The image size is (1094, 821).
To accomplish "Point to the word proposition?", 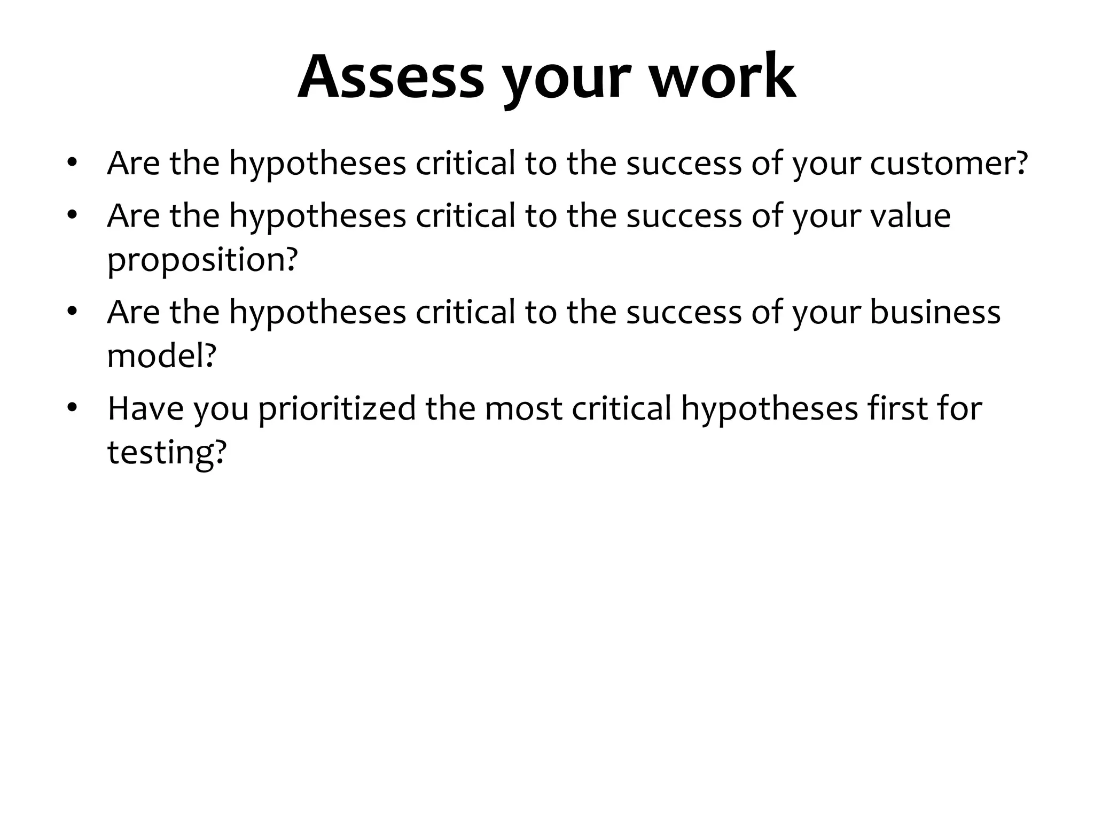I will pos(202,260).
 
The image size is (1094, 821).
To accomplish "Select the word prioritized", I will pos(337,409).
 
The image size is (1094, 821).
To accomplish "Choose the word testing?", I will pos(167,453).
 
